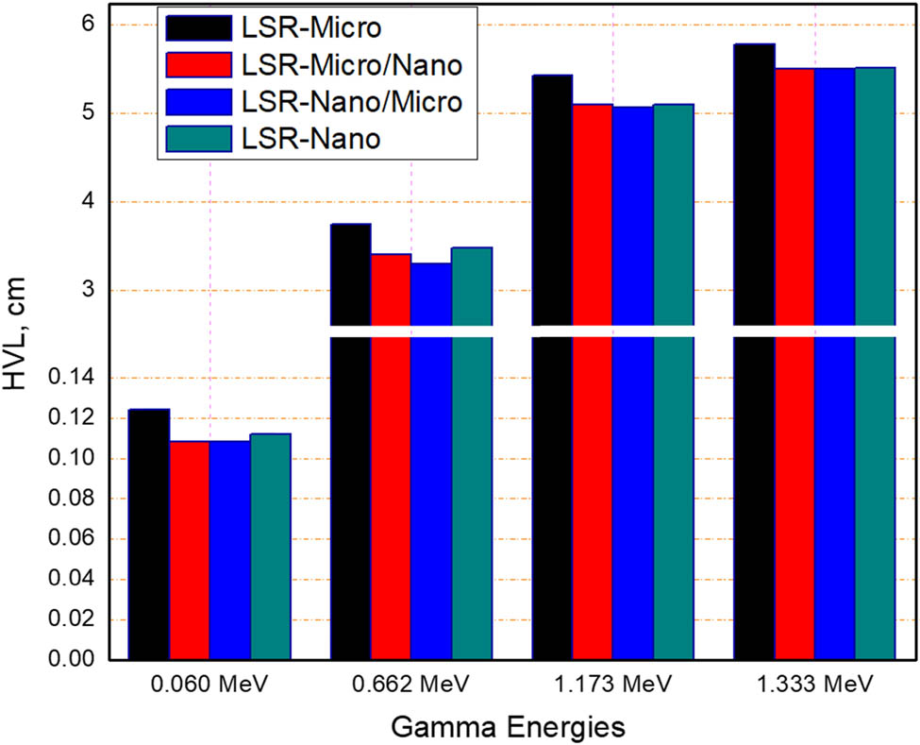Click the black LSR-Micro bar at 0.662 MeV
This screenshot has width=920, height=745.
(350, 444)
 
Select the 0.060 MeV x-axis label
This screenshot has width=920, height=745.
(209, 684)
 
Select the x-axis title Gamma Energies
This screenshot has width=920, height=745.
(511, 726)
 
